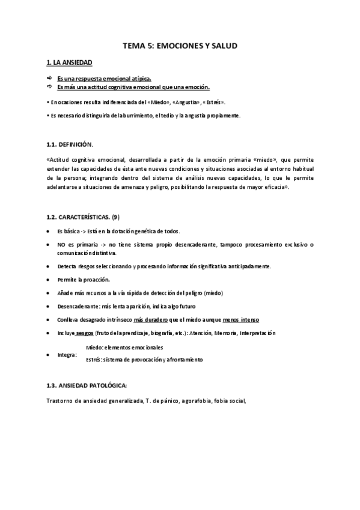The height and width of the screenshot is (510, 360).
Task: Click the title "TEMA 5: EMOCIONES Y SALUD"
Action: (x=180, y=45)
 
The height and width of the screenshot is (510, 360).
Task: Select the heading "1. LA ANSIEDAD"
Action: (x=69, y=63)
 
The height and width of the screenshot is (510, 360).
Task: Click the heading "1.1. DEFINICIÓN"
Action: (x=69, y=145)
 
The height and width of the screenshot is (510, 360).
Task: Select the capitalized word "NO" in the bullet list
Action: (x=62, y=245)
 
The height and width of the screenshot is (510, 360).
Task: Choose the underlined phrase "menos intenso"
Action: (x=240, y=319)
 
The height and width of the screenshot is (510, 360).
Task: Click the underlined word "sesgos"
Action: (x=85, y=333)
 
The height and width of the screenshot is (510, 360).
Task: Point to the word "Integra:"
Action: (x=67, y=354)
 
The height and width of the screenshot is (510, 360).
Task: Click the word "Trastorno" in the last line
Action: (x=60, y=401)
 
